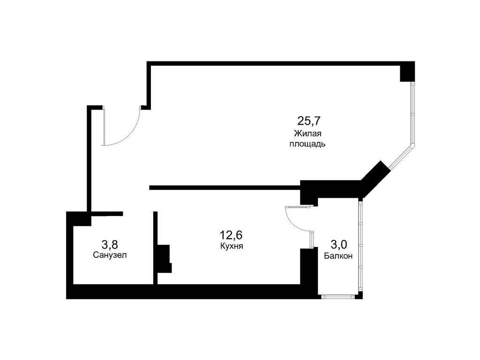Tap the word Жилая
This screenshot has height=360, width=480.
(307, 133)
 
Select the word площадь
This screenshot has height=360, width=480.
(307, 144)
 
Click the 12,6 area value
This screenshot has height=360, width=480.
(231, 234)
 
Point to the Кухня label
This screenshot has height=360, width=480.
(231, 246)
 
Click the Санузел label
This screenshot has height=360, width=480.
(110, 255)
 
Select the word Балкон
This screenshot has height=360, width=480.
(338, 256)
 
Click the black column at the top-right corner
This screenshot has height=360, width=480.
(407, 72)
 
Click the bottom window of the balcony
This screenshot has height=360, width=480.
(338, 296)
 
